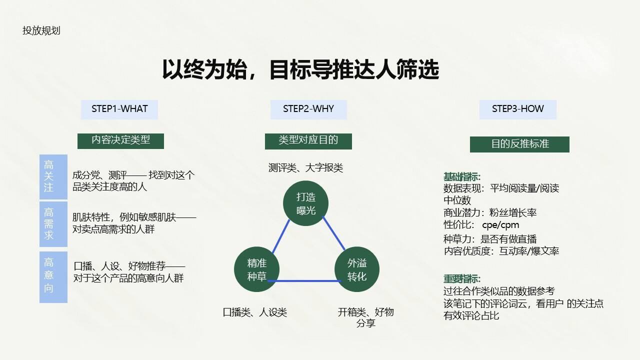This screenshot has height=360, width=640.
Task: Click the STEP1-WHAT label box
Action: coord(119,109)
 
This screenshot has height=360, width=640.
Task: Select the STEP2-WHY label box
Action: coord(308,109)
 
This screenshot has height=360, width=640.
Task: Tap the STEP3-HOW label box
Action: coord(517,109)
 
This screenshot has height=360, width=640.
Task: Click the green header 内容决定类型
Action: coord(120,140)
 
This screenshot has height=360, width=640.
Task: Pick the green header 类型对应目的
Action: coord(308,140)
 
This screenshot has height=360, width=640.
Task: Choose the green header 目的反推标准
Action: coord(519,144)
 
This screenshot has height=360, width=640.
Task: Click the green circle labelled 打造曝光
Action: coord(306,203)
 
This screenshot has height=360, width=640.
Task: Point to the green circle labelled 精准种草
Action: coord(257,270)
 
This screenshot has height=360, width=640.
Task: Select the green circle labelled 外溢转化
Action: coord(357,270)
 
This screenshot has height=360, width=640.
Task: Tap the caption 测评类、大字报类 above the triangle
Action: coord(306,168)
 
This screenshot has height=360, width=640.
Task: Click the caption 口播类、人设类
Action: coord(255,312)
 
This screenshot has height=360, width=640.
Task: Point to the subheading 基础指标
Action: coord(462,176)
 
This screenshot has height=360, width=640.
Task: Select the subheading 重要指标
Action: coord(462,279)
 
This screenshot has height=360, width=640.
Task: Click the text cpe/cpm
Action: coord(500,225)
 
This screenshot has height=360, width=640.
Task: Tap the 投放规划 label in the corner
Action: coord(41,30)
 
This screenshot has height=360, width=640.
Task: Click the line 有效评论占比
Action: coord(471,315)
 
